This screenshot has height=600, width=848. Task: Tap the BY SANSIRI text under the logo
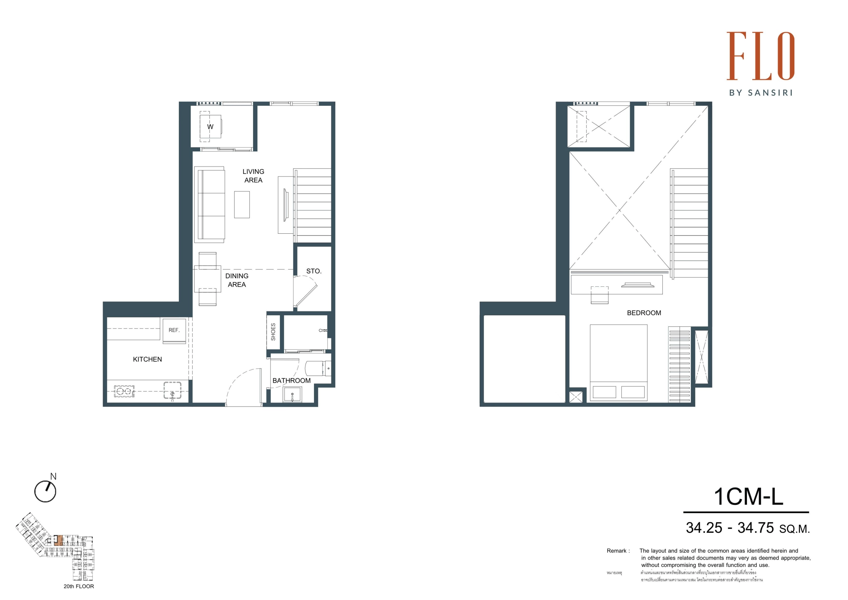tap(761, 93)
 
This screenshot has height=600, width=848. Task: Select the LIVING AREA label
tap(253, 176)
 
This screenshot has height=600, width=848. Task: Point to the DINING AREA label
tap(237, 280)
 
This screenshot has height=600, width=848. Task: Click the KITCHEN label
tap(147, 359)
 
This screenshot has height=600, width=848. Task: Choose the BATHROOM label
tap(291, 381)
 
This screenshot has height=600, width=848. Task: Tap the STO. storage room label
tap(314, 271)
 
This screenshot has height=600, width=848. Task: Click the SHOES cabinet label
tap(273, 331)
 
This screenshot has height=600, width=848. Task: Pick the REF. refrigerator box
tap(174, 330)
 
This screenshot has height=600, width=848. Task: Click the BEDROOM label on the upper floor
tap(644, 313)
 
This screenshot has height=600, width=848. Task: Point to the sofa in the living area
tap(209, 204)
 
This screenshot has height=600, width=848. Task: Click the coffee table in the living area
tap(241, 205)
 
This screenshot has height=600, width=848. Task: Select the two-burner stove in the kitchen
tap(124, 391)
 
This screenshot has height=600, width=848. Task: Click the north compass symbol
tap(45, 491)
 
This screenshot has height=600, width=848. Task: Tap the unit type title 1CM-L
tap(748, 497)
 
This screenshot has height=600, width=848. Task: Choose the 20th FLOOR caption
tap(79, 586)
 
